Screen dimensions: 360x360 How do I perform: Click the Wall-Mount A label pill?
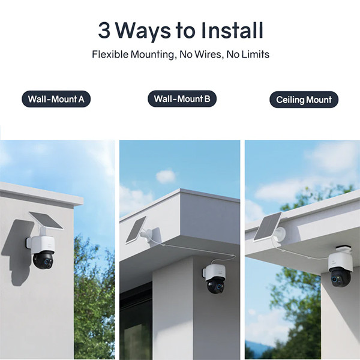56,99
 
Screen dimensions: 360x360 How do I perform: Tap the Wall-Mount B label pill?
182,99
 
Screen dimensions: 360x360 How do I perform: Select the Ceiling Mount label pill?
304,100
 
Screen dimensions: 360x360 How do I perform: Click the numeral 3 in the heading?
104,31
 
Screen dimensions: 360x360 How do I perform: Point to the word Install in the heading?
232,31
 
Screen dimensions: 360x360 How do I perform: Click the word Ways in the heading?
143,32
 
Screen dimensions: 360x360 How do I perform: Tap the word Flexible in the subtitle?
110,55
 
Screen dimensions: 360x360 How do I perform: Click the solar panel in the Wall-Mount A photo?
46,220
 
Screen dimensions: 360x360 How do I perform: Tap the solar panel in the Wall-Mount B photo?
136,230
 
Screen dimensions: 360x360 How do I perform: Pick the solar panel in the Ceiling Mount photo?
267,227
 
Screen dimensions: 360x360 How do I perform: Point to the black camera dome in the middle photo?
216,285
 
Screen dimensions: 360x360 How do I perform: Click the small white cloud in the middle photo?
166,176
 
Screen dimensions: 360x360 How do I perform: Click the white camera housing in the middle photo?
214,272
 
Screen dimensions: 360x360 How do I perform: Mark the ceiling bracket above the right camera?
344,250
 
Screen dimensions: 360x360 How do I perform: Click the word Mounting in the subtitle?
152,55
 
